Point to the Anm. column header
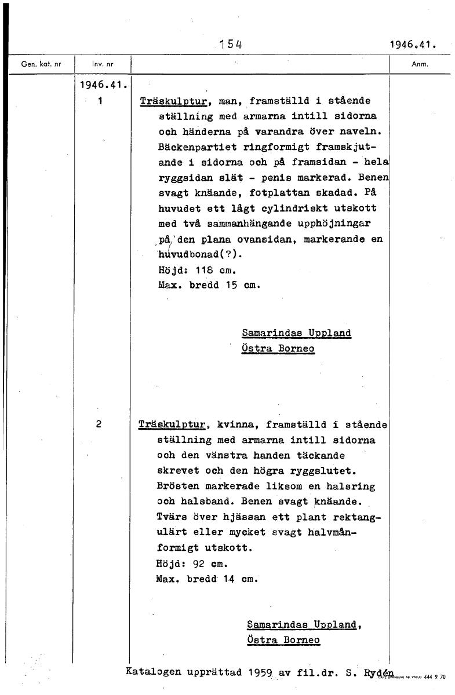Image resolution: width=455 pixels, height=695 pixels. coord(419,64)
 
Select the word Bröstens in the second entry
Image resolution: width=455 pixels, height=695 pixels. coord(180,486)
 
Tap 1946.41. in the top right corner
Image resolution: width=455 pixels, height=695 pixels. coord(413,44)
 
